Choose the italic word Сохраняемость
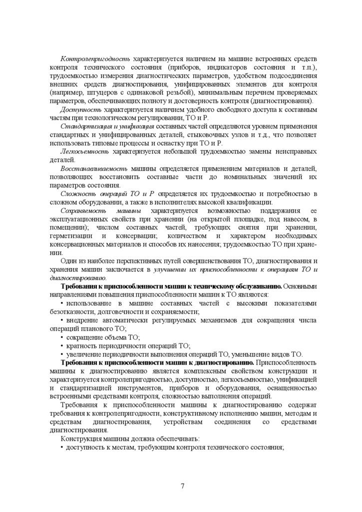point(82,211)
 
